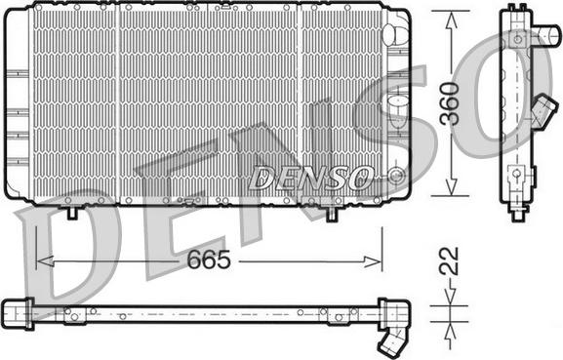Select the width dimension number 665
coord(211,260)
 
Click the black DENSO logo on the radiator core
coord(310,178)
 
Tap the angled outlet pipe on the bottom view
coord(392,340)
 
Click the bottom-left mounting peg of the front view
coord(73,210)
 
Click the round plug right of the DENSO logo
coord(394,177)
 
